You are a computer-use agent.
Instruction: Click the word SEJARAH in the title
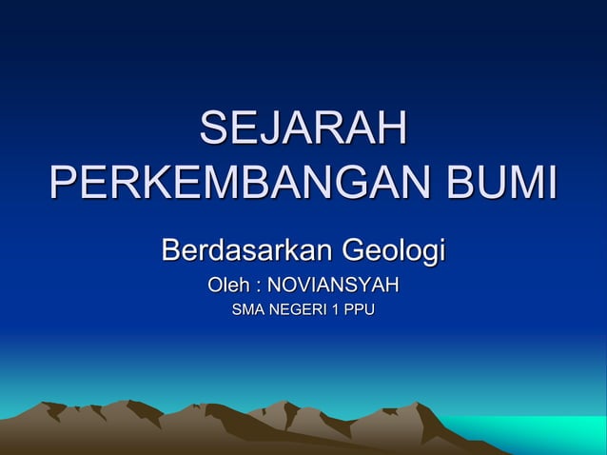(x=303, y=131)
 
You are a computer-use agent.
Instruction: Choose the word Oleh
(x=229, y=286)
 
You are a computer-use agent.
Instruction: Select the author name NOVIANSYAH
(x=332, y=286)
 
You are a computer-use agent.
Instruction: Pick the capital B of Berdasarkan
(x=171, y=252)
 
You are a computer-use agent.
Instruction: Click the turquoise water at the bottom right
(x=552, y=433)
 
